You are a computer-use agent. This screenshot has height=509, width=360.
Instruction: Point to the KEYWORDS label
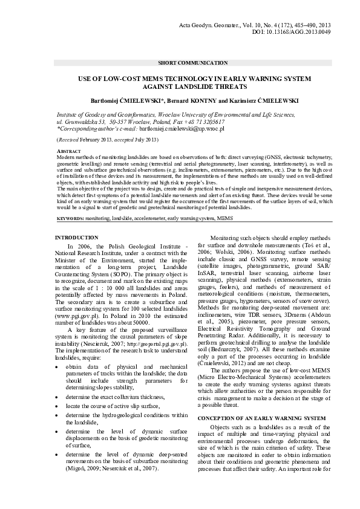coord(70,216)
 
